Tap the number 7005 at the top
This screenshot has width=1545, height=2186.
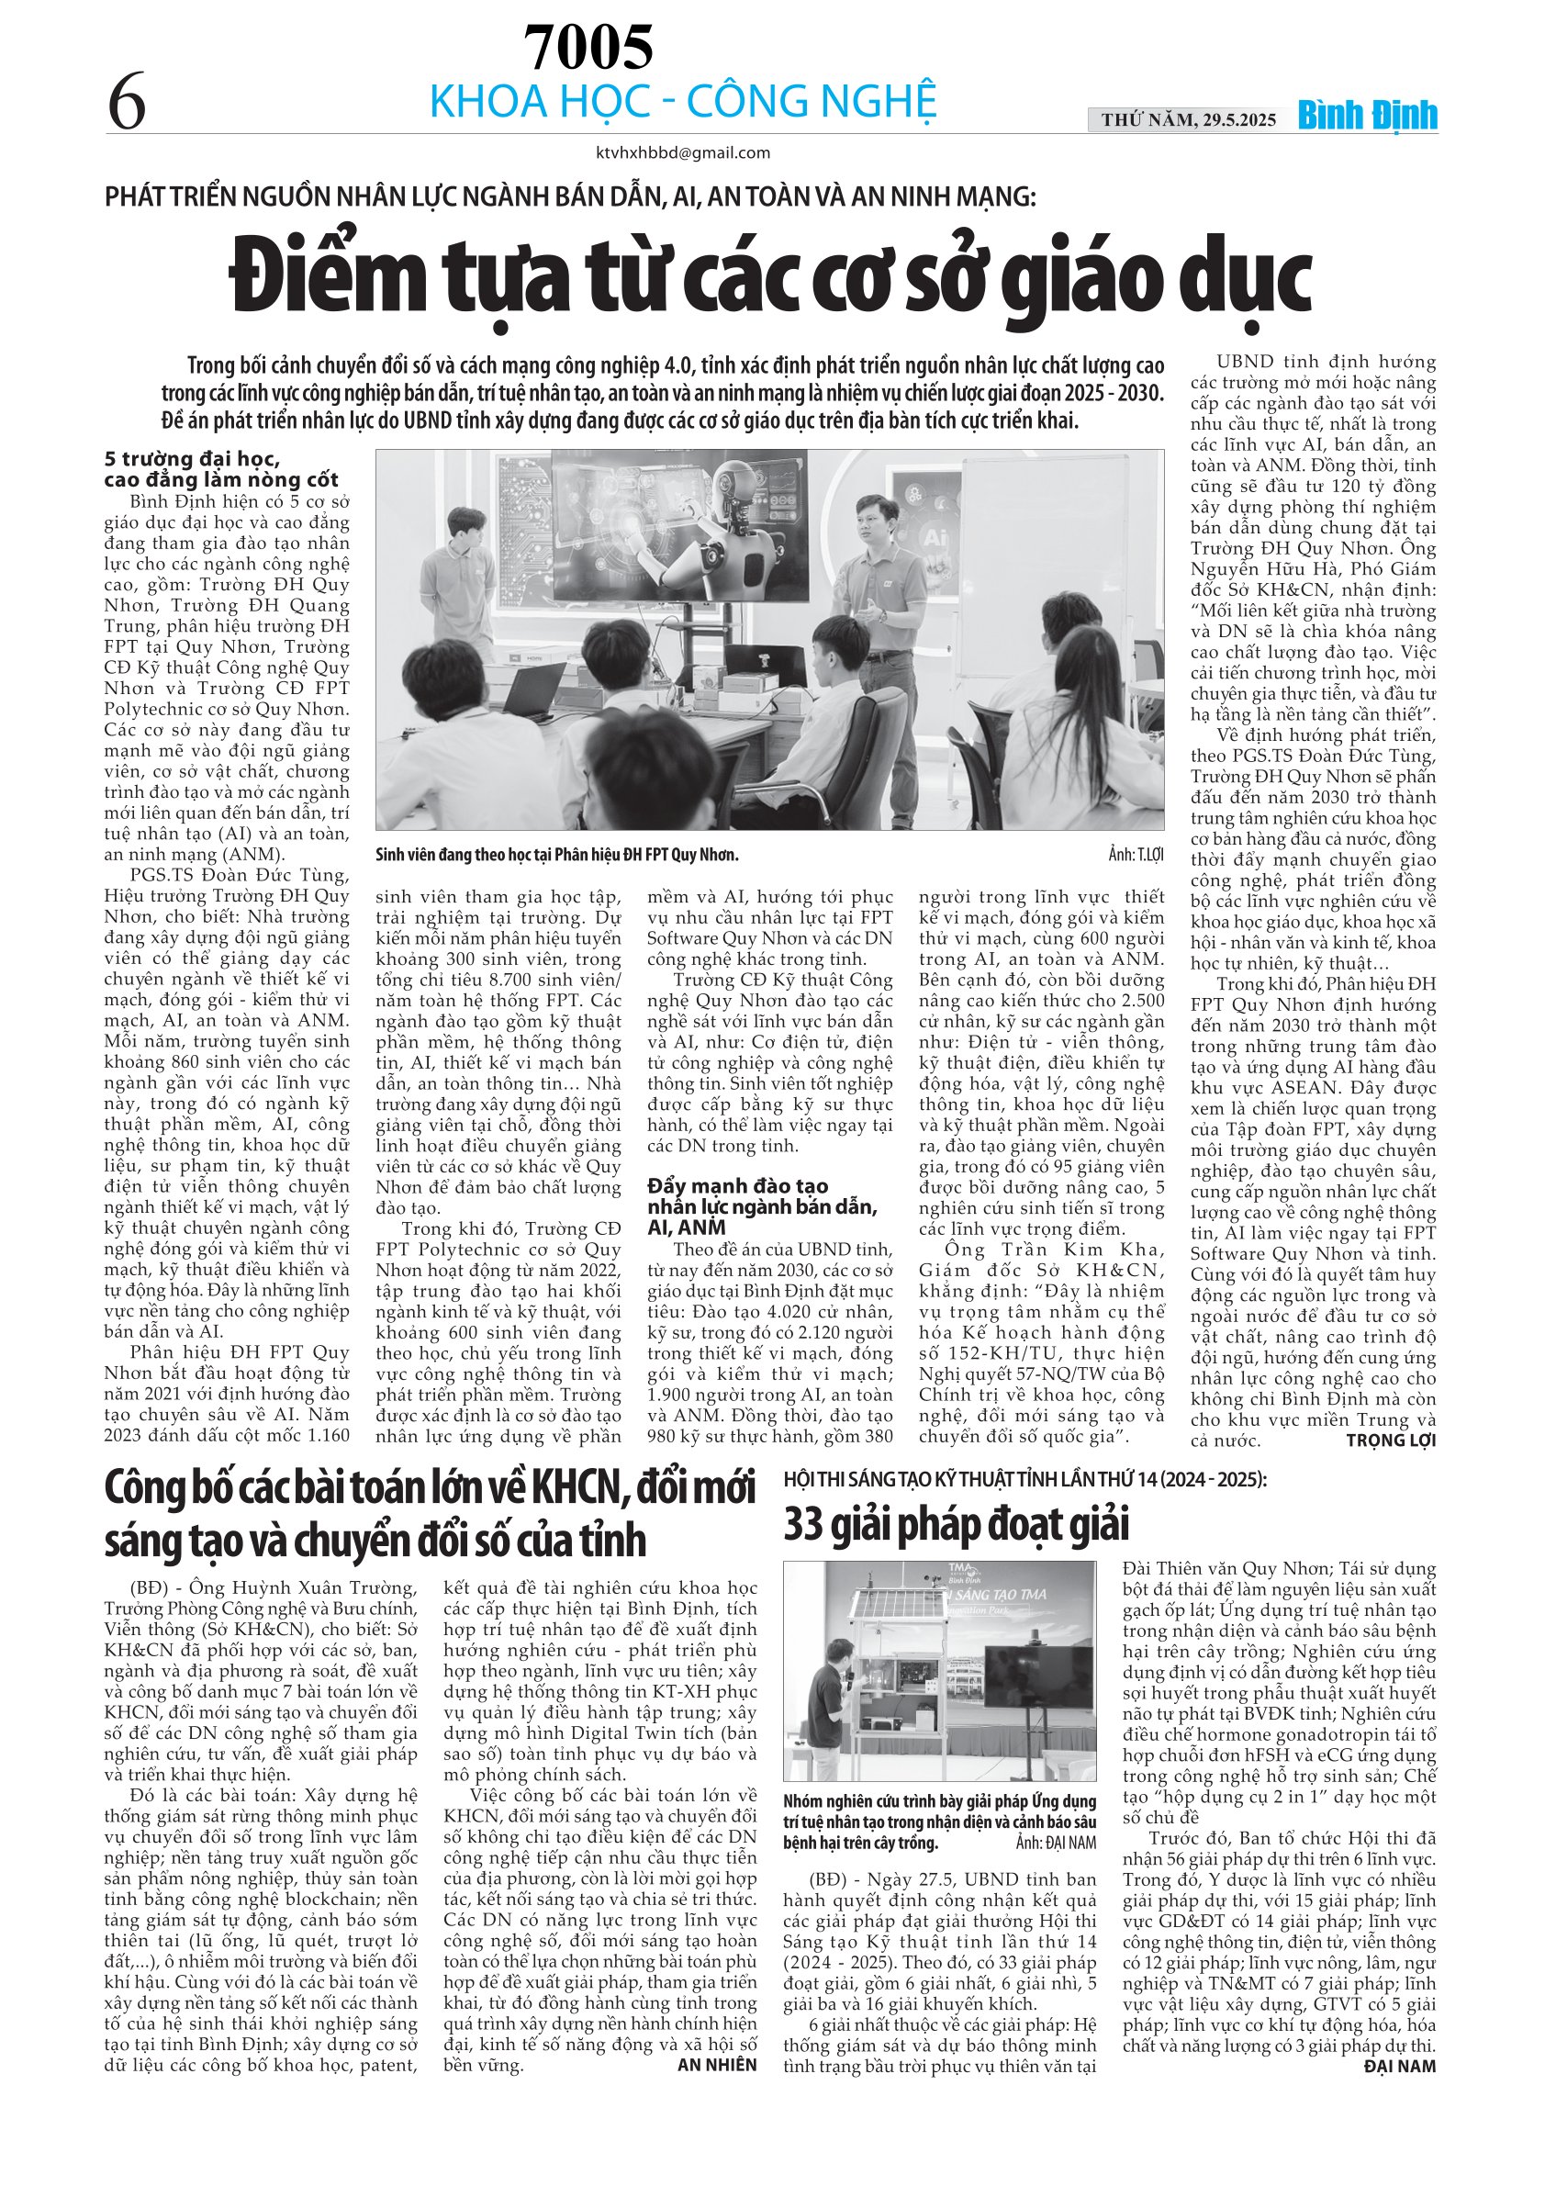click(x=588, y=47)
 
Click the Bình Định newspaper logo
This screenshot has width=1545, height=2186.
click(x=1367, y=117)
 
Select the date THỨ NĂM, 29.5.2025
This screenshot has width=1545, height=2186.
click(x=1189, y=120)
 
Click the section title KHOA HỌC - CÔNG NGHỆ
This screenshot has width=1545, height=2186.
click(x=683, y=102)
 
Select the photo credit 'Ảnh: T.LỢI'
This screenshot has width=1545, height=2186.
click(x=1135, y=854)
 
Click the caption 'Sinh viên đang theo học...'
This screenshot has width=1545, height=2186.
click(x=557, y=854)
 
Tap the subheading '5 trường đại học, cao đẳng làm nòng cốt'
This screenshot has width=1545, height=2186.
click(x=221, y=470)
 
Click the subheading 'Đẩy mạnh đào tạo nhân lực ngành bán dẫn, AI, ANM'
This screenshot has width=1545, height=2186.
click(x=762, y=1206)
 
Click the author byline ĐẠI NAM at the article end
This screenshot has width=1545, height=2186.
click(x=1399, y=2066)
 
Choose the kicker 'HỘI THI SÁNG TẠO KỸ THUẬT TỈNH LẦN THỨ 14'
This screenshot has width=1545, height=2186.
click(x=1024, y=1478)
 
